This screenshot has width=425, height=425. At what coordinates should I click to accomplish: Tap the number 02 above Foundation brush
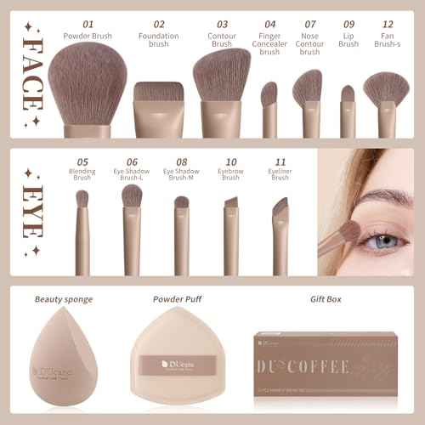[x=159, y=25]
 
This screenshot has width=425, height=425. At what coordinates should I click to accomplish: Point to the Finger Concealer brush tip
[x=269, y=93]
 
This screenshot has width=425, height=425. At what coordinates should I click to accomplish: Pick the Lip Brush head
[x=348, y=93]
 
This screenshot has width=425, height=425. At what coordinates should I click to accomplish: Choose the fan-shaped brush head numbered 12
[x=387, y=87]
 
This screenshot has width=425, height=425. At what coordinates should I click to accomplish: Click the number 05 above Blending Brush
[x=82, y=161]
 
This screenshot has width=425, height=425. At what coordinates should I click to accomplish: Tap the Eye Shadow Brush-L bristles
[x=132, y=196]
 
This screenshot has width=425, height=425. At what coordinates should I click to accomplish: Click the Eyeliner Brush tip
[x=280, y=207]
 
